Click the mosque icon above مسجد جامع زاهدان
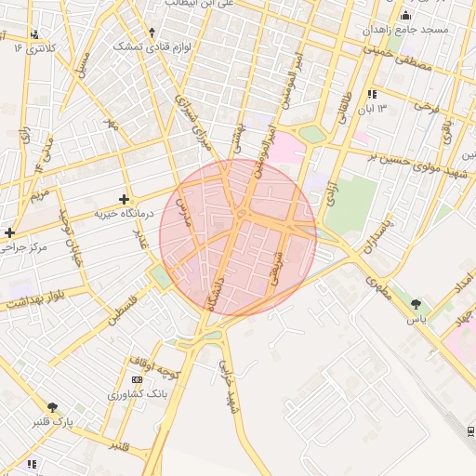pyautogui.click(x=405, y=16)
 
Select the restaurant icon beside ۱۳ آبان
pyautogui.click(x=372, y=94)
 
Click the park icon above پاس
pyautogui.click(x=416, y=304)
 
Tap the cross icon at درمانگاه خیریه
pyautogui.click(x=125, y=199)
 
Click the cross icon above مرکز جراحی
pyautogui.click(x=9, y=232)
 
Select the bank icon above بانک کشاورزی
pyautogui.click(x=138, y=380)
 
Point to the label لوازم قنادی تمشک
pyautogui.click(x=152, y=46)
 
